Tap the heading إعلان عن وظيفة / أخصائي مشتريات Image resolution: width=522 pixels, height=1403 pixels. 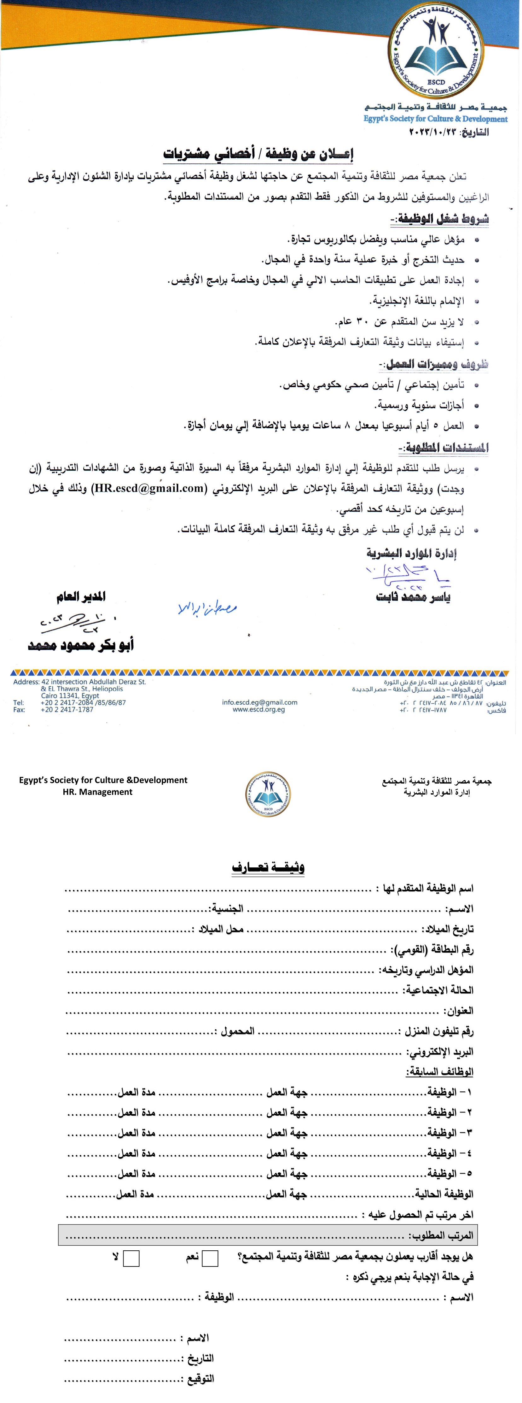tap(258, 155)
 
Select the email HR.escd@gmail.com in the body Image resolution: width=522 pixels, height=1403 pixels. tap(148, 488)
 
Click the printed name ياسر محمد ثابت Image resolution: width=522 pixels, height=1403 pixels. tap(413, 597)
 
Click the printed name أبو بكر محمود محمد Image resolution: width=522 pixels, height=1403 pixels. tap(81, 645)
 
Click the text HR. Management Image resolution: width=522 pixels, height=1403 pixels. tap(97, 792)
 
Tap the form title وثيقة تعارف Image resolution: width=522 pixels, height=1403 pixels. tap(268, 867)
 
